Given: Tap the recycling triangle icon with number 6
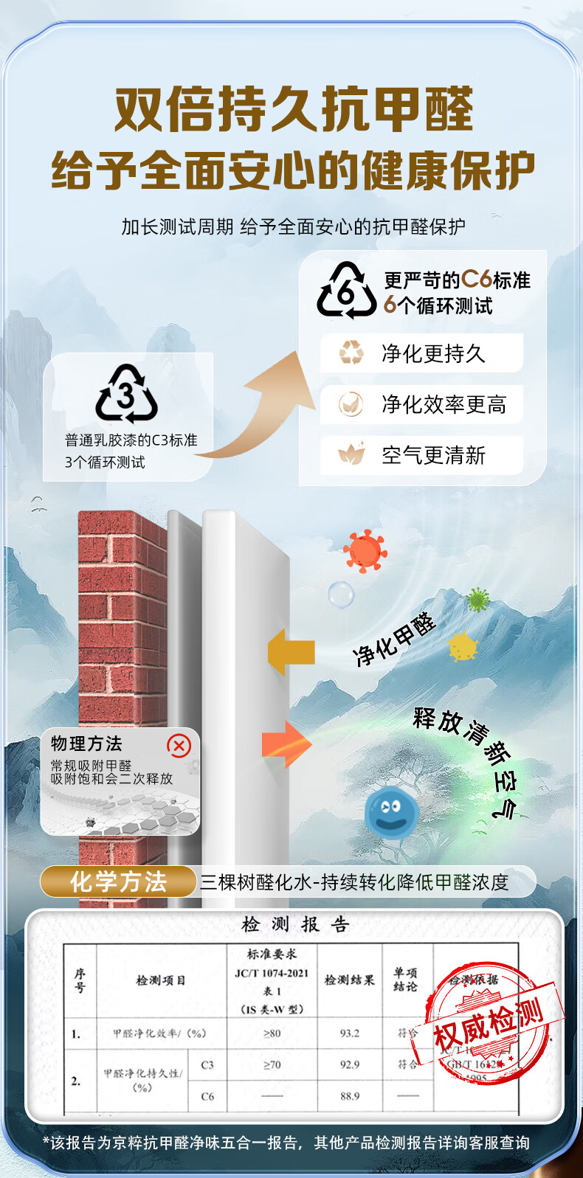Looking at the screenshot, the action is (x=346, y=291).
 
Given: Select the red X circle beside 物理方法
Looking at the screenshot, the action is (x=179, y=746).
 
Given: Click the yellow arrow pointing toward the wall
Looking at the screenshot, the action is (x=291, y=652).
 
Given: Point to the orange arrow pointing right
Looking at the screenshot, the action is (x=286, y=744).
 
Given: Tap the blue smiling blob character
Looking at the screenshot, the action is (x=391, y=811).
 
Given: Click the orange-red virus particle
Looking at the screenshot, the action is (x=365, y=550).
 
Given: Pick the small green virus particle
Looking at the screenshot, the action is (x=478, y=600).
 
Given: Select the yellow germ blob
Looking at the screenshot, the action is (x=463, y=647).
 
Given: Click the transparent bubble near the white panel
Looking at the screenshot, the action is (x=341, y=594).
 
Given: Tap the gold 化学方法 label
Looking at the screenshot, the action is (x=118, y=881).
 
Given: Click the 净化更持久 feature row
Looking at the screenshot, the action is (x=421, y=353).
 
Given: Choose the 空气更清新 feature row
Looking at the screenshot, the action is (x=421, y=455).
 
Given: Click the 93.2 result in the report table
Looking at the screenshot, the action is (x=350, y=1033).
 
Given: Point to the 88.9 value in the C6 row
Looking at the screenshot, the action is (x=350, y=1096).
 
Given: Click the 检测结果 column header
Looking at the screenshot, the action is (x=350, y=980).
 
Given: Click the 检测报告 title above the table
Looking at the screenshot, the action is (x=295, y=924).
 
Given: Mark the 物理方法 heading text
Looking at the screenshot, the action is (x=86, y=744).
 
